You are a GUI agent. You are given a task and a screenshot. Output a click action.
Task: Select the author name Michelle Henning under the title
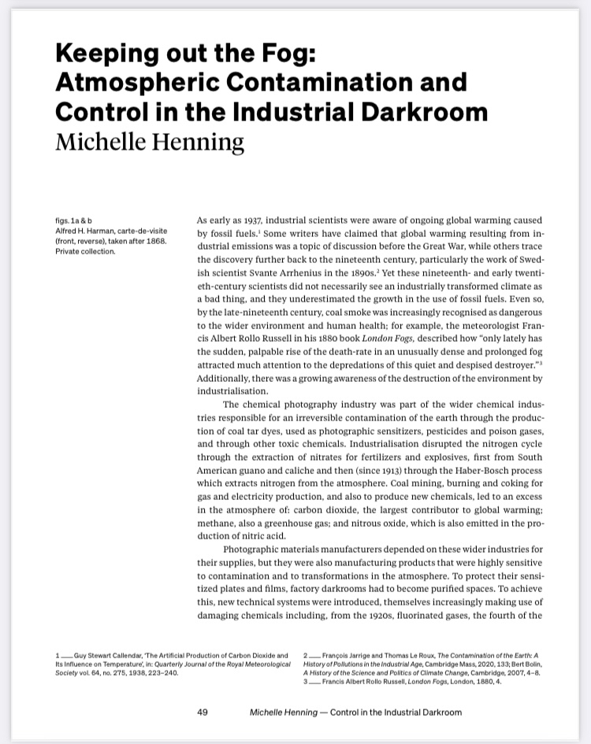point(150,143)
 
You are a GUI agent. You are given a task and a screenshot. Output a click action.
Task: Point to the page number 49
point(202,712)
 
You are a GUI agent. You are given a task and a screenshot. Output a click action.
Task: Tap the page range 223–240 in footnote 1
point(173,674)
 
